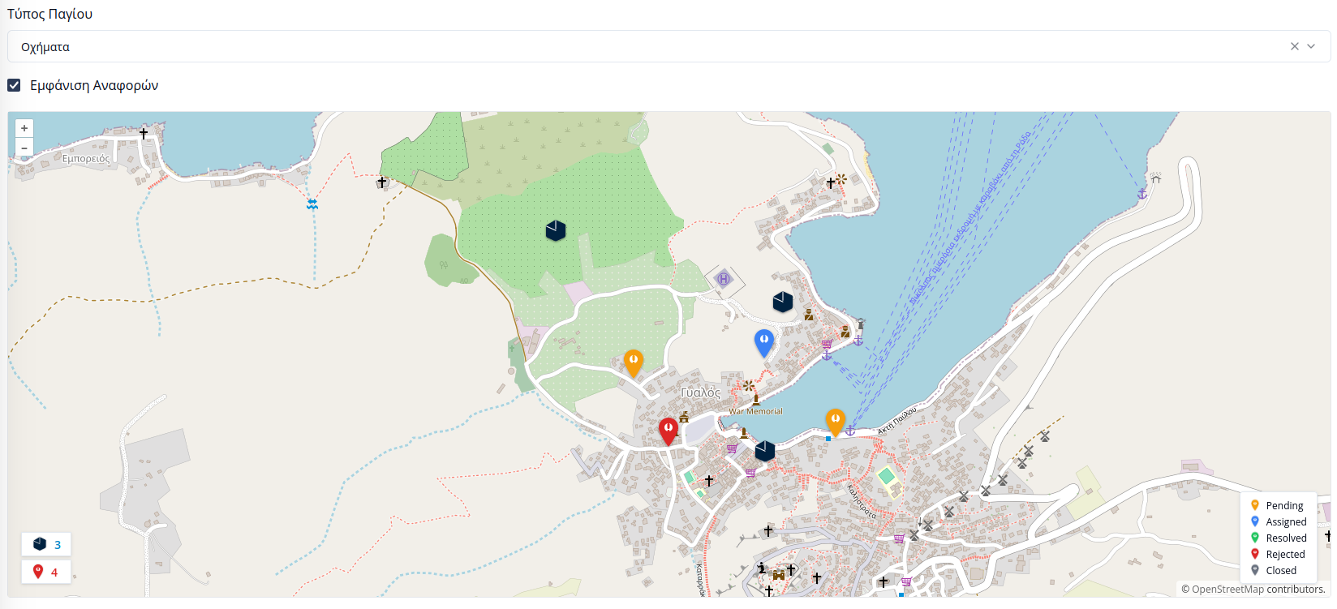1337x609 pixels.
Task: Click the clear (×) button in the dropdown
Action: (1295, 46)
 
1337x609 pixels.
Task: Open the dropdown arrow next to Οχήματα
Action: (1311, 46)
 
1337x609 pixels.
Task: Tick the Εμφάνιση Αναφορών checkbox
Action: (14, 85)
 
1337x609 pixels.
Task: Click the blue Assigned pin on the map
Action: (763, 342)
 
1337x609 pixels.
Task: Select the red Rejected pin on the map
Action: (668, 431)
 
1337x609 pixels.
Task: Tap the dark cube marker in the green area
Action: (556, 230)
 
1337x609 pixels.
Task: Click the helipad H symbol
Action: (724, 280)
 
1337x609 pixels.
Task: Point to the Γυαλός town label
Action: (700, 392)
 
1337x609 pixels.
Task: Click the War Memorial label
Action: (755, 411)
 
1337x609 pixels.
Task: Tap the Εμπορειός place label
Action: (86, 159)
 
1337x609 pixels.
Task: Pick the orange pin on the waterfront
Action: (835, 422)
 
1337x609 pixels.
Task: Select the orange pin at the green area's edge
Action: (634, 362)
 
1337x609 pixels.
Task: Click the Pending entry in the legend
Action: (1283, 505)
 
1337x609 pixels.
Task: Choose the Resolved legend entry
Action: (1286, 538)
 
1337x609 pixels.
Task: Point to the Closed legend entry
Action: (1280, 570)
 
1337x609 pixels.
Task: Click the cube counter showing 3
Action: (46, 544)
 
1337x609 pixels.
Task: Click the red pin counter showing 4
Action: (46, 572)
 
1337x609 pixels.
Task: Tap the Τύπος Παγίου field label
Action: (49, 14)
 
